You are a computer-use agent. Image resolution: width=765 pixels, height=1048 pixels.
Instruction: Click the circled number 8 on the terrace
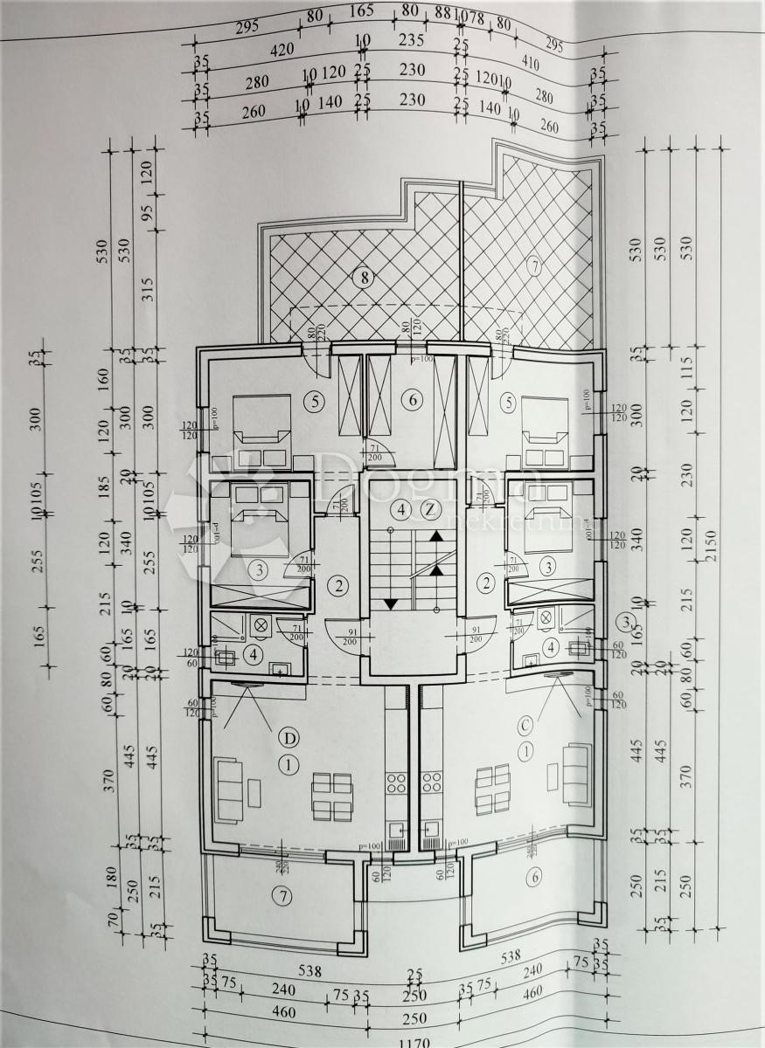(x=363, y=279)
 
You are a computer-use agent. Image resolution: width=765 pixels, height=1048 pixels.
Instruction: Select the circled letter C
(x=526, y=724)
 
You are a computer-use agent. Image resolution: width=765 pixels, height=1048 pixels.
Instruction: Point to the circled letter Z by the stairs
(x=428, y=509)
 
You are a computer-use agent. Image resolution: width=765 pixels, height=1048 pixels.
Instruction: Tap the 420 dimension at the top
(x=282, y=51)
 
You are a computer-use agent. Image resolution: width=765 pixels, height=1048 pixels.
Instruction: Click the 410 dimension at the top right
(x=529, y=63)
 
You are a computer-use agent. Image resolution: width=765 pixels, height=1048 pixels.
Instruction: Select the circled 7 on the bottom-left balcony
(x=280, y=895)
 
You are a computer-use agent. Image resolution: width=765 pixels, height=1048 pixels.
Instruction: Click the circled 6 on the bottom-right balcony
(x=534, y=879)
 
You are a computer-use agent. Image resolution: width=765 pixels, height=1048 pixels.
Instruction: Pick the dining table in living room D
(x=331, y=795)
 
